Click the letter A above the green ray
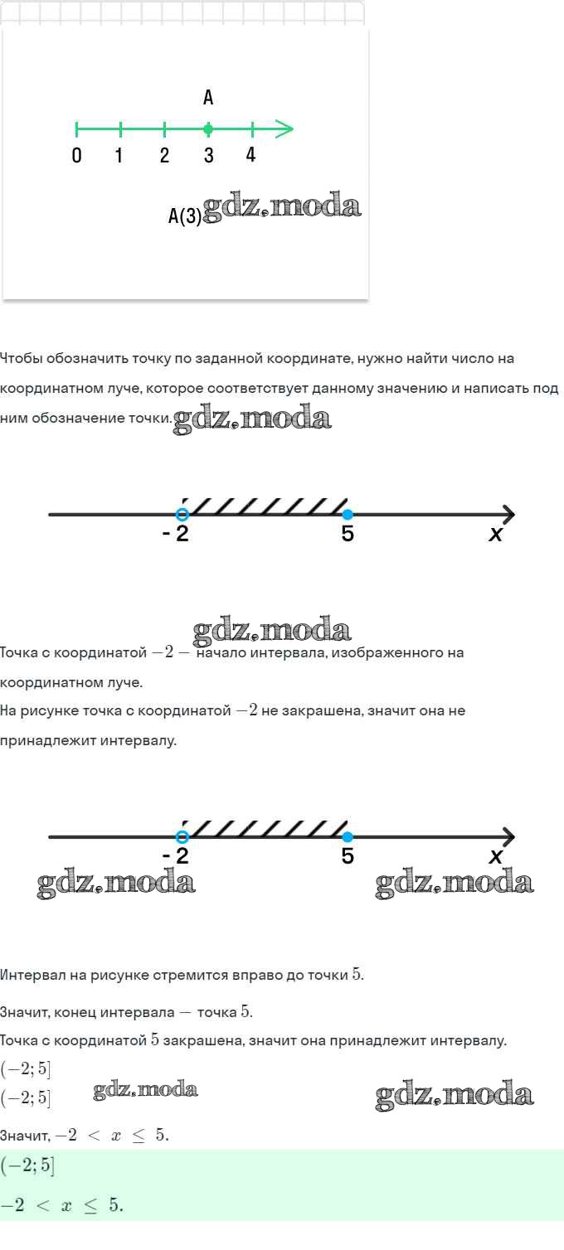208,97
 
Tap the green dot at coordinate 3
208,129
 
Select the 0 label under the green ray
77,155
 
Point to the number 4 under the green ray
250,154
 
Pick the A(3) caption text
185,216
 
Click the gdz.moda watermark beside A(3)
281,207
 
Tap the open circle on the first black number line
182,514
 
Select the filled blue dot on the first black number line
348,514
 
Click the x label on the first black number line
495,535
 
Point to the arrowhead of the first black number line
508,514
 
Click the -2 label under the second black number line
175,855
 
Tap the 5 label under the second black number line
348,855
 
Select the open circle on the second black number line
182,836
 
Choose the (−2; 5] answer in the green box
27,1166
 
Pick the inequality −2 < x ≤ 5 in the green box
61,1204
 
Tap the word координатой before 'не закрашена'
184,710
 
